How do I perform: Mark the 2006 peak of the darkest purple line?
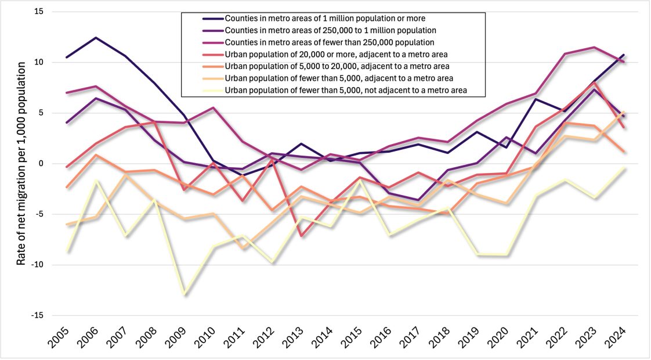95,38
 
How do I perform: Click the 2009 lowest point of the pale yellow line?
185,294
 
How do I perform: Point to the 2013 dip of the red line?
302,236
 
